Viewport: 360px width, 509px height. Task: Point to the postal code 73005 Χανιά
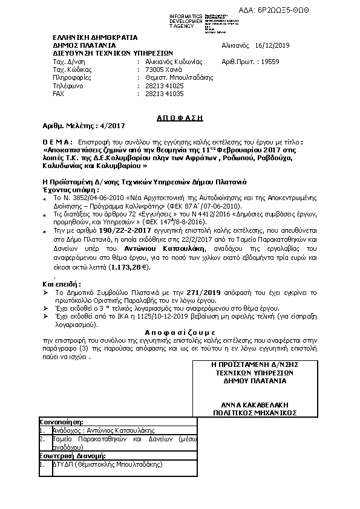159,70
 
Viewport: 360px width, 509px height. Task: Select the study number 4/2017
111,126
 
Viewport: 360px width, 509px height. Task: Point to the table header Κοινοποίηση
62,421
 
